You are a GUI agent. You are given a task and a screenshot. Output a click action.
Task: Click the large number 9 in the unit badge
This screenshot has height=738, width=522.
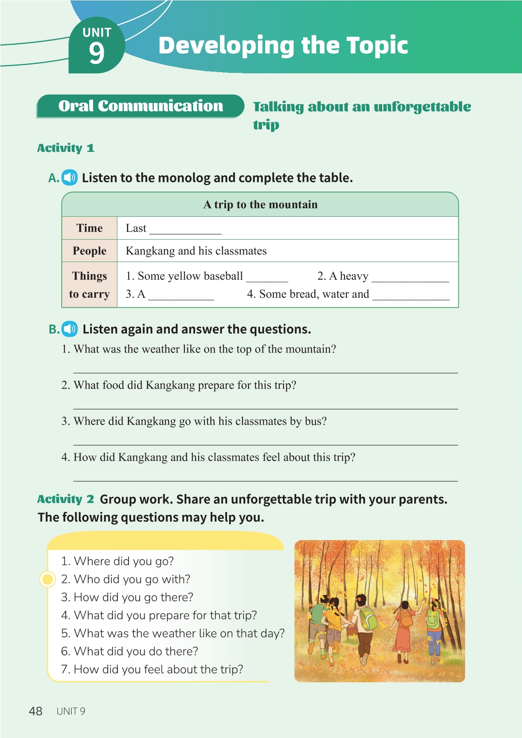coord(97,53)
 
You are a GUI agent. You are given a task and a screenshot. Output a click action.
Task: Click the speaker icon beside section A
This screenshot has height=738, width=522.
coord(70,177)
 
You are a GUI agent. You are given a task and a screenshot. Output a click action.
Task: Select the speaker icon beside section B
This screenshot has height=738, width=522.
coord(70,329)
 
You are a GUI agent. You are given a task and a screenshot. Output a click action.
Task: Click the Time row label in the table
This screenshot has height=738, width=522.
coord(89,228)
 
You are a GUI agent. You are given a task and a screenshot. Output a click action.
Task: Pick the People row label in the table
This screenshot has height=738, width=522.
coord(89,251)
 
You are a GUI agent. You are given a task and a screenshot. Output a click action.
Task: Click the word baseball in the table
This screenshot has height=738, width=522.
coord(223,276)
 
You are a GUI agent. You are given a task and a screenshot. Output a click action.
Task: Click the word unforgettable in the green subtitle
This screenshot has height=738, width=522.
coord(422,107)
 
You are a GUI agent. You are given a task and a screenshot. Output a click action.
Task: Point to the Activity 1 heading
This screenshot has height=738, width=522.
coord(66,148)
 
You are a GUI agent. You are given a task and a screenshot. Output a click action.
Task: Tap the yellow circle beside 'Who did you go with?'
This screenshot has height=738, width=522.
coord(48,579)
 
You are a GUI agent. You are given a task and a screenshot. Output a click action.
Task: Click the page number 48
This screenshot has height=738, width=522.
coord(36,711)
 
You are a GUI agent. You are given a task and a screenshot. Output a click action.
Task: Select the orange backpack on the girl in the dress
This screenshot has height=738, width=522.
coord(405,620)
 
